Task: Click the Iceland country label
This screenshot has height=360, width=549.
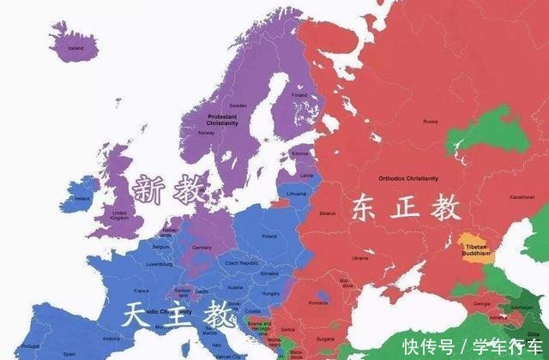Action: [76, 49]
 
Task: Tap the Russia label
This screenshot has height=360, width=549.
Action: [430, 122]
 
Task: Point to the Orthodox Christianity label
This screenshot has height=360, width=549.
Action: [407, 178]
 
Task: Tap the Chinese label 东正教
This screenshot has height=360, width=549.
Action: [404, 209]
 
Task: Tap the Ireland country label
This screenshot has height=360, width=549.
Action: [82, 198]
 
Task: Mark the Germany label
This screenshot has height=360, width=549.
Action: [202, 247]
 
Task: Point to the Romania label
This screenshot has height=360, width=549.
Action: [319, 303]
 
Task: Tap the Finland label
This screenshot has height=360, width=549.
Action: [299, 94]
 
